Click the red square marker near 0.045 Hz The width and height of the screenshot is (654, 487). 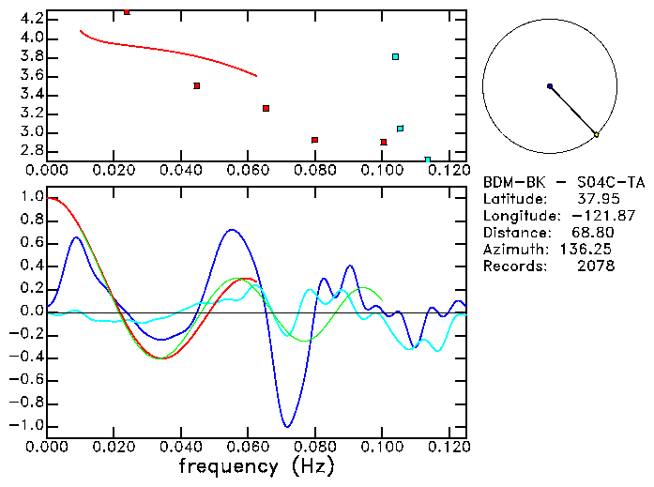(x=197, y=85)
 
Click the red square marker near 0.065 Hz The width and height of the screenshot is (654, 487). (x=266, y=109)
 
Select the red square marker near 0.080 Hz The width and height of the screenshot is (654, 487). (x=314, y=140)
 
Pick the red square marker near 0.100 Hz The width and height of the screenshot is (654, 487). (x=384, y=142)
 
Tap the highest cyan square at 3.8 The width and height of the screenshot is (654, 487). (x=396, y=57)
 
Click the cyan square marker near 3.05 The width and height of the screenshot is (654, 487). (x=401, y=129)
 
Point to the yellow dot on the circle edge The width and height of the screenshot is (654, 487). (x=596, y=135)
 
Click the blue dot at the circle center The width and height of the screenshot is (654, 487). (x=550, y=86)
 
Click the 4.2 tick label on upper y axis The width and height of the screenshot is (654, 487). (x=32, y=19)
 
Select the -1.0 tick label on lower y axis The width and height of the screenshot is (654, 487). (x=27, y=425)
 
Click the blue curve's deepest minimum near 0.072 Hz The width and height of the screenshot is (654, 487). (x=287, y=427)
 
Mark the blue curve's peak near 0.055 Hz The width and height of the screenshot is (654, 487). (x=234, y=229)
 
